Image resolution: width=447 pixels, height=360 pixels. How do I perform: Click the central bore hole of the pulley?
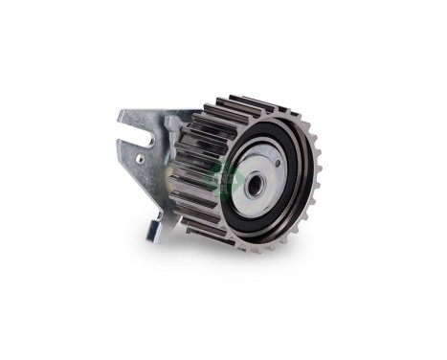254,184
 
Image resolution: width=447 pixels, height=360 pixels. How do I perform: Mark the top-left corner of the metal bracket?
119,114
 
